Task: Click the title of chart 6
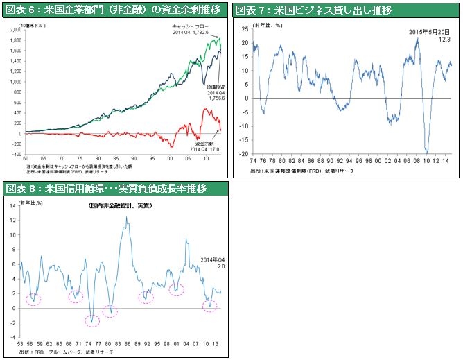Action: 114,9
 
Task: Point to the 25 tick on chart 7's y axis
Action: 245,31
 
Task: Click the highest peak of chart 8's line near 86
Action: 126,218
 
